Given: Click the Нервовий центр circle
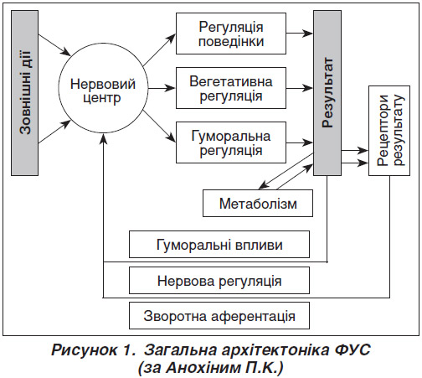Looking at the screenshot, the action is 103,88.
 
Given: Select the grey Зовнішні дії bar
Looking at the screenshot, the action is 24,93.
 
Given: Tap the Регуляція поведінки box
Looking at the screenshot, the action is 231,34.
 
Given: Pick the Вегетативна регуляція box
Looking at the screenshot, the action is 231,88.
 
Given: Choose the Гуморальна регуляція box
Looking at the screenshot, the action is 231,142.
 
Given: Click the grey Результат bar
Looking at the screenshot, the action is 327,93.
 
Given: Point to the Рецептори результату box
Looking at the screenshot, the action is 389,131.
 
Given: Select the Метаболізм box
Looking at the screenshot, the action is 258,204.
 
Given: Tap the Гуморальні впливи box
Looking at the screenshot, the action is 219,245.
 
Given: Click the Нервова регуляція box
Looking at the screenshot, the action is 219,281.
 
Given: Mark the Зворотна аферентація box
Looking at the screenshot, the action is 219,316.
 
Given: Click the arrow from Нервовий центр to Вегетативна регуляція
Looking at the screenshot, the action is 162,88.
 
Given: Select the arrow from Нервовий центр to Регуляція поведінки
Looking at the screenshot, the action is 159,50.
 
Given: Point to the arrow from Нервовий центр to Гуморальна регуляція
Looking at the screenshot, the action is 159,126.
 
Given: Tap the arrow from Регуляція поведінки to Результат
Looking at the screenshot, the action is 300,34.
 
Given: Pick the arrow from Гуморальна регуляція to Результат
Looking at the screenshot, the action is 300,142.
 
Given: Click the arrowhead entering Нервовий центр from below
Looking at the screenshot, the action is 103,138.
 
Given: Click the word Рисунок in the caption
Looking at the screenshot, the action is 84,350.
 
